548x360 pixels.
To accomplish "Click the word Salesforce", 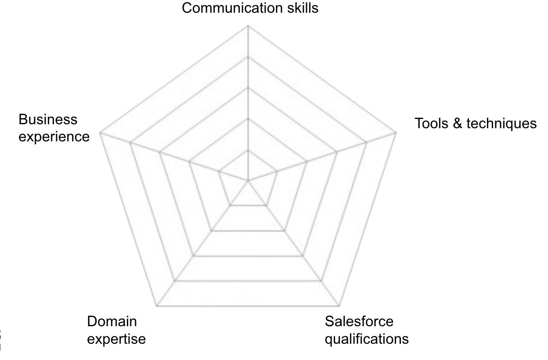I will pyautogui.click(x=359, y=321).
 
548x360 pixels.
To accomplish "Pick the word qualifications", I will pyautogui.click(x=367, y=339).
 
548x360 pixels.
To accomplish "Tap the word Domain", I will pyautogui.click(x=112, y=321).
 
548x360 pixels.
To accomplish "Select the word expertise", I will pyautogui.click(x=116, y=339).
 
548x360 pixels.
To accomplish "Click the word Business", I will pyautogui.click(x=48, y=119).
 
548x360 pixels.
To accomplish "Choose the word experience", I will pyautogui.click(x=54, y=137).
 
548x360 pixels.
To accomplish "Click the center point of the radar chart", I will pyautogui.click(x=248, y=180).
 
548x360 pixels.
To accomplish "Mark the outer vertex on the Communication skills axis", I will pyautogui.click(x=248, y=25).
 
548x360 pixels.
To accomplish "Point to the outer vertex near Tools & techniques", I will pyautogui.click(x=396, y=132).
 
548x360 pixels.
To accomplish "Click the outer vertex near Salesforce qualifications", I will pyautogui.click(x=339, y=306).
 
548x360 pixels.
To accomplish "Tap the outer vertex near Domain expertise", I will pyautogui.click(x=157, y=306).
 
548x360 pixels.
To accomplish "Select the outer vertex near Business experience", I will pyautogui.click(x=100, y=132).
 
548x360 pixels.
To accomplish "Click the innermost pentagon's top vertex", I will pyautogui.click(x=248, y=150).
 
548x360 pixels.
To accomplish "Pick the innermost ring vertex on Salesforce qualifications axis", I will pyautogui.click(x=266, y=205).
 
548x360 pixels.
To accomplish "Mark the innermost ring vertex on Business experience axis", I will pyautogui.click(x=219, y=171).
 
